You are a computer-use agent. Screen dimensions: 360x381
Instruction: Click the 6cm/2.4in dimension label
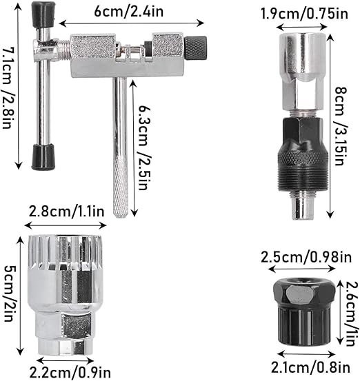(x=129, y=12)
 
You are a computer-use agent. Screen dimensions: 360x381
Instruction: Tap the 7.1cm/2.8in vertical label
(x=8, y=87)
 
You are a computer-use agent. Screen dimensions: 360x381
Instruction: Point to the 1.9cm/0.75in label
(x=304, y=13)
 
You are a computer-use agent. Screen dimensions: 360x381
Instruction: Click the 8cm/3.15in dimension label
(x=341, y=126)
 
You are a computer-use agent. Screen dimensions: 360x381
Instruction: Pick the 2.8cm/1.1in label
(x=66, y=212)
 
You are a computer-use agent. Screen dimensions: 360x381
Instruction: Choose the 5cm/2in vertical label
(x=10, y=294)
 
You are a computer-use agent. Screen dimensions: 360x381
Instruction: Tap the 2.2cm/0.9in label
(x=70, y=372)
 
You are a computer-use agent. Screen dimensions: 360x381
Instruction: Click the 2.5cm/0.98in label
(x=306, y=257)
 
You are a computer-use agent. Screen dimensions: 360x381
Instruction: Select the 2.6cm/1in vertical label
(x=352, y=313)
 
